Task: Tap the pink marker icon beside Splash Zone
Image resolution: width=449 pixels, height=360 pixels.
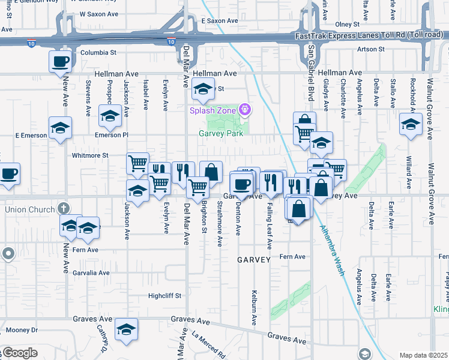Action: [244, 109]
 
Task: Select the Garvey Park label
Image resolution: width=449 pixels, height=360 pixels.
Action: [221, 134]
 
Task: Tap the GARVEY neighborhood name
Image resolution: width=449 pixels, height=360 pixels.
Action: [254, 260]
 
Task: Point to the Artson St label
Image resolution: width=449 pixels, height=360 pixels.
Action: [370, 49]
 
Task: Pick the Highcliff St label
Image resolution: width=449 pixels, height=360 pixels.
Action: [164, 296]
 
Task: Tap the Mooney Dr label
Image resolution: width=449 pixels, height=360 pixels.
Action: [22, 330]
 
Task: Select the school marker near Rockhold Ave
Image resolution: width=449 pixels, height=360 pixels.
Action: [411, 125]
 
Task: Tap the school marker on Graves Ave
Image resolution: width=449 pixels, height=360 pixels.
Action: [126, 329]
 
